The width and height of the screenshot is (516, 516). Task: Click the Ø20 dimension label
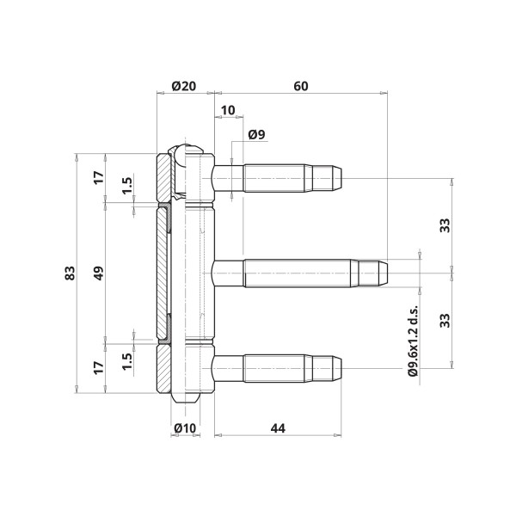coord(184,86)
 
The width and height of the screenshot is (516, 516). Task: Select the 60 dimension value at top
coord(301,86)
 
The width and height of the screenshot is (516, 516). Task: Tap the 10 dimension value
coord(228,110)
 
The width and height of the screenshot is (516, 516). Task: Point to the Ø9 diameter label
coord(256,135)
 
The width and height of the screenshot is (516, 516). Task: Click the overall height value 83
coord(71,273)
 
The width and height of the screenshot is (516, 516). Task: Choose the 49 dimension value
coord(99,273)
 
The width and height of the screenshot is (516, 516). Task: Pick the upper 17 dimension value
coord(99,178)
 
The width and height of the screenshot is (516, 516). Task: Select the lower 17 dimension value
coord(99,368)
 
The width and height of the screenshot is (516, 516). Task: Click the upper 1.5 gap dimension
coord(127,186)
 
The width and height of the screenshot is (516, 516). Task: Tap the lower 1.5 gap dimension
coord(127,361)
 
